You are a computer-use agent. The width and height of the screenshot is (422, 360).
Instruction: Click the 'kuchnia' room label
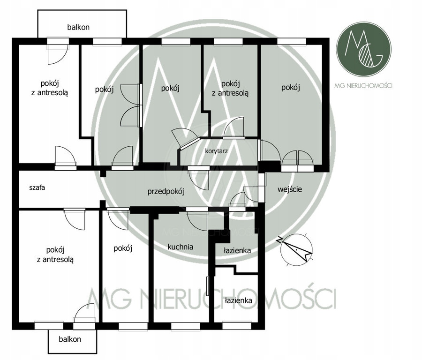coord(181,247)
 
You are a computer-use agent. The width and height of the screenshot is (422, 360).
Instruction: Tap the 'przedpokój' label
coord(166,192)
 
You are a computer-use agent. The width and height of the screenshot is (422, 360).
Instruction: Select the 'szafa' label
coord(37,187)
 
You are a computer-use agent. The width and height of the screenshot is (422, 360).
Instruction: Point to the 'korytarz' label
coord(216,151)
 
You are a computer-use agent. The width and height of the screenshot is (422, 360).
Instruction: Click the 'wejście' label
coord(290,189)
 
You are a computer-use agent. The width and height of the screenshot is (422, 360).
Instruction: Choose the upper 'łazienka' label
coord(237,250)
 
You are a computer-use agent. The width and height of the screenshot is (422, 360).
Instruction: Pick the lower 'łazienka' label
coord(239,300)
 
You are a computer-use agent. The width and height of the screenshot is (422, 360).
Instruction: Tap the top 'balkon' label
coord(78,27)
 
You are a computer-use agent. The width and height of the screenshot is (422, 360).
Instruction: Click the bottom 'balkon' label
coord(70,339)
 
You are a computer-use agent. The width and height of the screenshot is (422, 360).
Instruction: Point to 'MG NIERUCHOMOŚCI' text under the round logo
coord(363,86)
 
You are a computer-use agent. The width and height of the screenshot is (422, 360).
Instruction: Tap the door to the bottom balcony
coord(84,315)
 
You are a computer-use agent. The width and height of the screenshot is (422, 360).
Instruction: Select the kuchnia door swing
coord(197,219)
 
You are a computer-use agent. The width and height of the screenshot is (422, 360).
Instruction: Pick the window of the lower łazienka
coord(237,326)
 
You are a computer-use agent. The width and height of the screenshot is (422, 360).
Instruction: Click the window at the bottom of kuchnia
coord(185,326)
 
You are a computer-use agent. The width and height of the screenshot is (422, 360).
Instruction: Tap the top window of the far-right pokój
coord(292,41)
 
